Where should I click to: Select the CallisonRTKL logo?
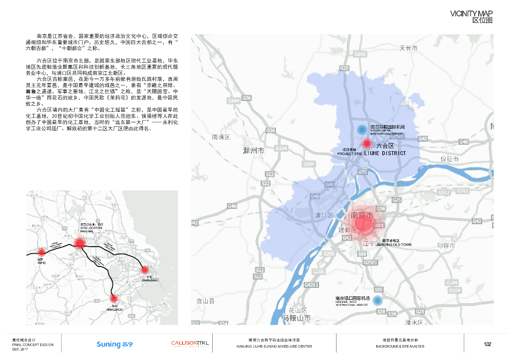click(190, 344)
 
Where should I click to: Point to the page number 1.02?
click(488, 344)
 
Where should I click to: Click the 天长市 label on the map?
click(409, 48)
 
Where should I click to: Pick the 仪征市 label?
click(449, 159)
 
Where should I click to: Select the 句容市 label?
click(446, 246)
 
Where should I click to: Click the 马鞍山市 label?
click(296, 318)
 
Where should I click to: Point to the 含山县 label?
click(205, 301)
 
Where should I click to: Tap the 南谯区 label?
click(221, 137)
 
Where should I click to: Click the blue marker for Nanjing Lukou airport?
click(378, 300)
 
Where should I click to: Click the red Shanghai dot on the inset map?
click(145, 270)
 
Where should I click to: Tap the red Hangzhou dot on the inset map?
click(114, 298)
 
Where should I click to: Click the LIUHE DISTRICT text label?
click(385, 154)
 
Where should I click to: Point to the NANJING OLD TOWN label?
click(394, 245)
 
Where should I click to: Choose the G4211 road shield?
click(311, 284)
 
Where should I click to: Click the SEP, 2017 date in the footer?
click(19, 349)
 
